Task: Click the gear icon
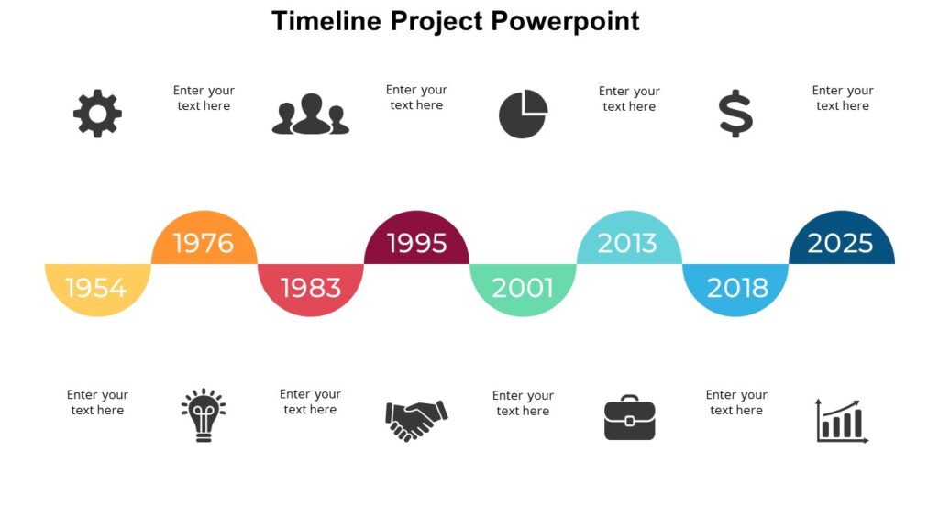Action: pyautogui.click(x=97, y=114)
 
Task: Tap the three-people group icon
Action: pyautogui.click(x=311, y=115)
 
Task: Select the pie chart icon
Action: pyautogui.click(x=523, y=115)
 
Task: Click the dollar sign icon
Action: pyautogui.click(x=735, y=115)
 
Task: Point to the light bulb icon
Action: pyautogui.click(x=204, y=415)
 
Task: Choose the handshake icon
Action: pyautogui.click(x=416, y=420)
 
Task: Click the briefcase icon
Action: pyautogui.click(x=629, y=418)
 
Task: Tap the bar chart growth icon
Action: pyautogui.click(x=842, y=421)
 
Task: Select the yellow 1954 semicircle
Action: pyautogui.click(x=97, y=287)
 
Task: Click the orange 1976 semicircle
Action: pyautogui.click(x=204, y=242)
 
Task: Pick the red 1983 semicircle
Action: pyautogui.click(x=311, y=287)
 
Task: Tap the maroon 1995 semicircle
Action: pyautogui.click(x=417, y=242)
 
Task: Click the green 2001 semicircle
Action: pyautogui.click(x=523, y=287)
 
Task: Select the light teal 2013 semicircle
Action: pyautogui.click(x=629, y=242)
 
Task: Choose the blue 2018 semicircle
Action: pyautogui.click(x=736, y=287)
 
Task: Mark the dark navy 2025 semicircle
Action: pyautogui.click(x=841, y=242)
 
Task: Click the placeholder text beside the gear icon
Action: pyautogui.click(x=204, y=98)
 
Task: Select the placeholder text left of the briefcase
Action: pyautogui.click(x=523, y=403)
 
